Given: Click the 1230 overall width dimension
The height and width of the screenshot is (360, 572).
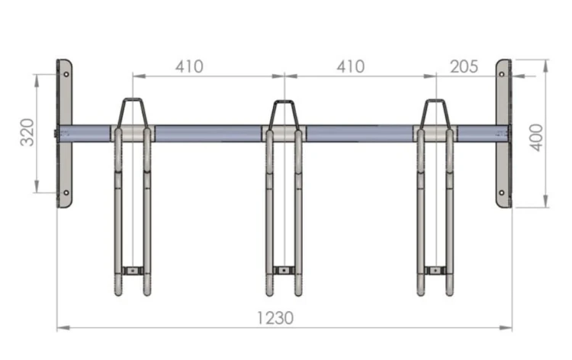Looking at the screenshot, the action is tap(275, 318).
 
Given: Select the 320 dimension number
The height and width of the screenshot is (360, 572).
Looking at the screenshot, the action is tap(27, 132).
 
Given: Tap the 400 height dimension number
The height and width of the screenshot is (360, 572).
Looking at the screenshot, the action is tap(536, 137).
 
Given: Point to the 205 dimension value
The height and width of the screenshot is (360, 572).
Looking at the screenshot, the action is tap(464, 67).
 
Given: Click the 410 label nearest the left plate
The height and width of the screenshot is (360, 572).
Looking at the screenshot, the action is tap(189, 67).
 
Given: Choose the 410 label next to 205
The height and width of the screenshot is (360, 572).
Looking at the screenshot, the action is tap(350, 67).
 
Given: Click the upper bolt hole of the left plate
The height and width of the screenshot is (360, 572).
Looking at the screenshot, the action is tap(66, 75).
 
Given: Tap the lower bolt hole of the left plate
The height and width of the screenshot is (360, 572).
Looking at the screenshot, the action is tap(66, 192).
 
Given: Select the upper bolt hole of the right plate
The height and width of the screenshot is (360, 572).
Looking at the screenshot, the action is tap(502, 75).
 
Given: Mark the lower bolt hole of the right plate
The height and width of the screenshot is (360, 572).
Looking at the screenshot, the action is tap(502, 192).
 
